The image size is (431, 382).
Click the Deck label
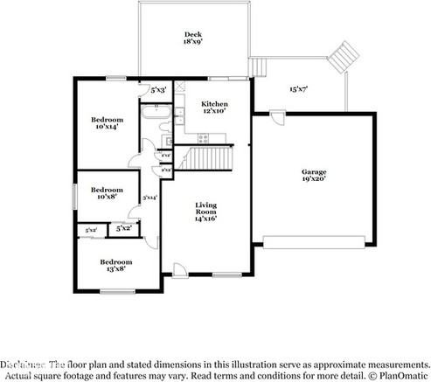pyautogui.click(x=192, y=38)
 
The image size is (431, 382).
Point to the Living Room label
pyautogui.click(x=206, y=212)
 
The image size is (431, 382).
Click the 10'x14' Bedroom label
pyautogui.click(x=107, y=123)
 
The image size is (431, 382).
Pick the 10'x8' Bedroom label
pyautogui.click(x=107, y=192)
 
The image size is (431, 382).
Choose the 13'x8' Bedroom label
pyautogui.click(x=115, y=265)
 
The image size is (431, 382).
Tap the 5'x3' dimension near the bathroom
pyautogui.click(x=158, y=89)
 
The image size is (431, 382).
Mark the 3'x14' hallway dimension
pyautogui.click(x=149, y=198)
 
